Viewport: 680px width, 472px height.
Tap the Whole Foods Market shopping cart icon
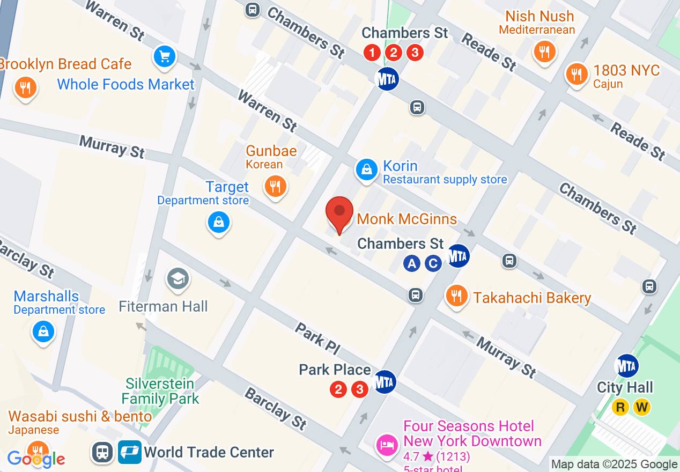click(165, 56)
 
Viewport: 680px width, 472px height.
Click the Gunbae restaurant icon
click(275, 187)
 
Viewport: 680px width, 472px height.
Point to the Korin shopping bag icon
click(366, 170)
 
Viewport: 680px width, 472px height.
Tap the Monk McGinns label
click(406, 219)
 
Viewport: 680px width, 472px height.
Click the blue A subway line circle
click(412, 263)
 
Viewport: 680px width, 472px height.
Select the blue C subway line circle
click(433, 263)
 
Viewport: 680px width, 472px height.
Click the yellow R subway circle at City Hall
click(621, 407)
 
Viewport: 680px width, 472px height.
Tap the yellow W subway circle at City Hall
click(642, 407)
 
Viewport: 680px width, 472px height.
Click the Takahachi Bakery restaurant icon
click(456, 296)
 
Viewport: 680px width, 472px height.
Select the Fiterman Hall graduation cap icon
click(177, 278)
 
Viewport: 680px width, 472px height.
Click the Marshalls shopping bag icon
click(43, 331)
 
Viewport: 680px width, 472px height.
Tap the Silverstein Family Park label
click(160, 392)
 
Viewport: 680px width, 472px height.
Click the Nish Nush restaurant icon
click(544, 51)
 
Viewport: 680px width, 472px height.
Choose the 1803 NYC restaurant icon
click(576, 74)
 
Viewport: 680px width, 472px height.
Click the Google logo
click(36, 459)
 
